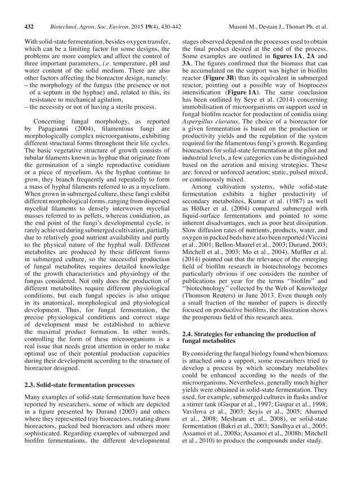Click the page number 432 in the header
tap(30, 27)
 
